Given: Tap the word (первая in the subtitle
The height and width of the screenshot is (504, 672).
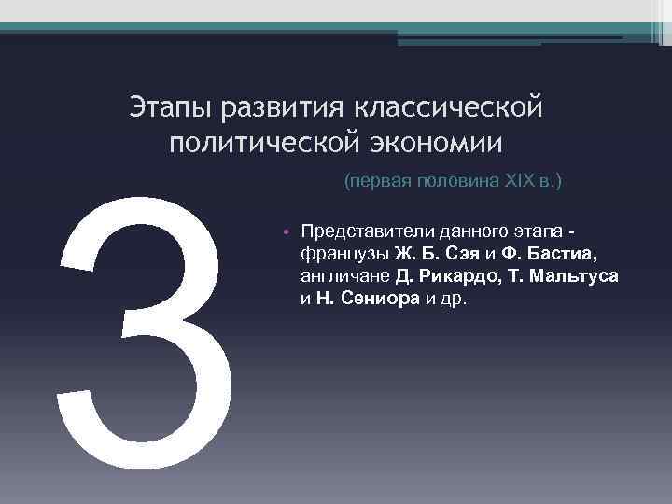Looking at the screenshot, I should pyautogui.click(x=376, y=181).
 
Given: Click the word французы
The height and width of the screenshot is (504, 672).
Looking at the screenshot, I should pyautogui.click(x=344, y=254).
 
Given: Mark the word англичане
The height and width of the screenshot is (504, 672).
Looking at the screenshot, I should pyautogui.click(x=343, y=277).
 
